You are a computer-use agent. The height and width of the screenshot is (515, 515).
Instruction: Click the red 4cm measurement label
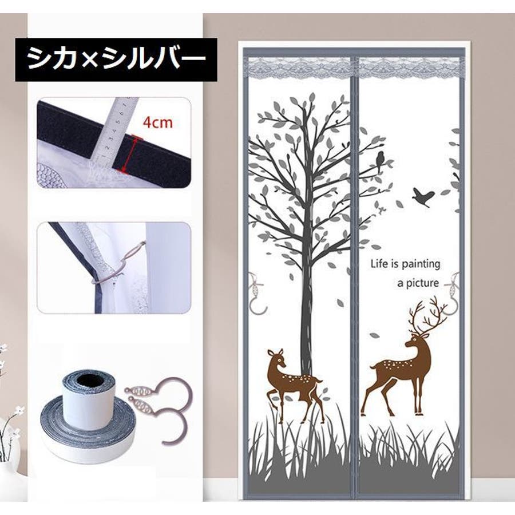[x=158, y=122]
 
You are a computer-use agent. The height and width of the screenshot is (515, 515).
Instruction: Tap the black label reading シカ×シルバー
[x=116, y=60]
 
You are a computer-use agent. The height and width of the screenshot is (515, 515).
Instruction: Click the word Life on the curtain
[x=379, y=264]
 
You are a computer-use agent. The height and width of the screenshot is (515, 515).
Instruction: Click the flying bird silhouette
[x=423, y=197]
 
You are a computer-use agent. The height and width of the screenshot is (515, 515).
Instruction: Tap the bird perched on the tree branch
[x=381, y=161]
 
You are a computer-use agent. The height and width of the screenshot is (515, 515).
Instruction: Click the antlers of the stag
[x=427, y=315]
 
